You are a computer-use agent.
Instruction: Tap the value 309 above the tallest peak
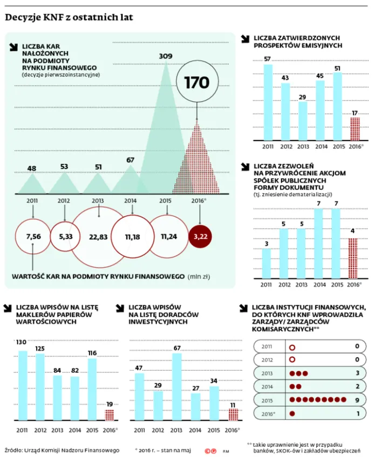coord(166,56)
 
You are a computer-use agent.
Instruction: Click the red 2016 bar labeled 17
coord(355,129)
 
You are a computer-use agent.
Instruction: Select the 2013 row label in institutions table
coord(268,373)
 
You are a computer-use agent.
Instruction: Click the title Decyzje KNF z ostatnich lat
coord(69,18)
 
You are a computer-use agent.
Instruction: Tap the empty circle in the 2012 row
coord(292,360)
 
